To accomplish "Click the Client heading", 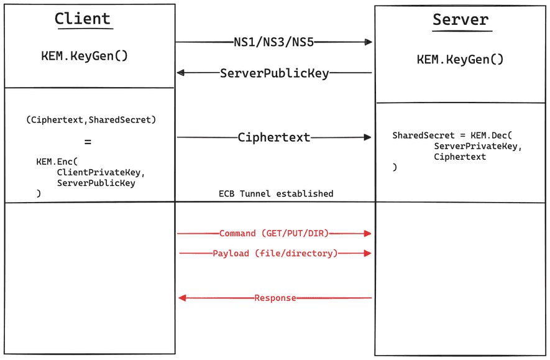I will pos(82,19).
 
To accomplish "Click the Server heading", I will pos(461,20).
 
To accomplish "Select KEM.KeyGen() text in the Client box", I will pos(85,56).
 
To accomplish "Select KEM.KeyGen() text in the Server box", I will pos(460,60).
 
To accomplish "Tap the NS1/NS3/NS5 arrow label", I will pos(274,42).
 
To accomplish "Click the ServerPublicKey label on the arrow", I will pos(274,73).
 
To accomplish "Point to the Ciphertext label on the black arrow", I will pos(274,137).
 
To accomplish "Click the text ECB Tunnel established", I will pos(276,193).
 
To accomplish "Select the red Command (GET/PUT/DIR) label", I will pos(273,234).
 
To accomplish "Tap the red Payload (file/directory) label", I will pos(275,254).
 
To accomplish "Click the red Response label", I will pos(275,298).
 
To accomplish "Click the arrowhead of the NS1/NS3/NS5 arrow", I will pos(369,42).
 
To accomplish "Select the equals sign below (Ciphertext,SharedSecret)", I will pos(88,142).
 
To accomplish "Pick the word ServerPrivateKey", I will pos(478,146).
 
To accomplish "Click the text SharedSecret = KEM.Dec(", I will pos(452,135).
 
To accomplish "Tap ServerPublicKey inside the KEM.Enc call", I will pos(96,183).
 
